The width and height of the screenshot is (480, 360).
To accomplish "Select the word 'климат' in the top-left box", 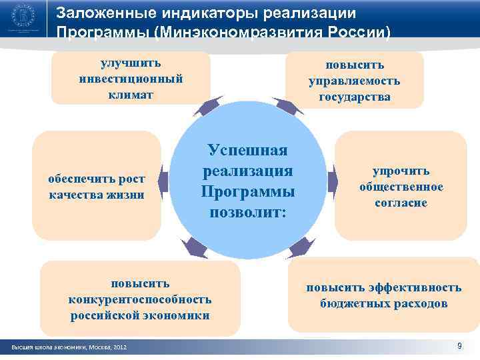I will click(x=131, y=94).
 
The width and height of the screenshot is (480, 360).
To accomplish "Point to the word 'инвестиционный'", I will click(x=131, y=79).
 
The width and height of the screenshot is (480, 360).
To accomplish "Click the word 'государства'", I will click(x=354, y=97).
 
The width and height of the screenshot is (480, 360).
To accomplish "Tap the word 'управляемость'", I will click(x=354, y=81).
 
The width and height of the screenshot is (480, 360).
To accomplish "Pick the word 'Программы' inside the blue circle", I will click(x=247, y=192).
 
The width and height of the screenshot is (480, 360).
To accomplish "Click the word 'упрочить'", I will click(x=400, y=171).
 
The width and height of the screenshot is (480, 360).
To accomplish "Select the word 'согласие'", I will click(x=400, y=203).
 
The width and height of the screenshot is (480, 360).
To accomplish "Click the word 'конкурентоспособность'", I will click(x=140, y=299).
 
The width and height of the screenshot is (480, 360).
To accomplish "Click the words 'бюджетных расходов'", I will click(x=383, y=304).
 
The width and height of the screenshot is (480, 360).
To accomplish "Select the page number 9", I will click(x=459, y=345).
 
